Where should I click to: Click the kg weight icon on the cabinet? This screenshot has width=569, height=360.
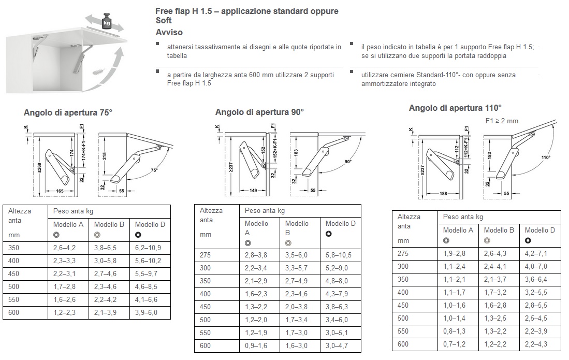pyautogui.click(x=106, y=21)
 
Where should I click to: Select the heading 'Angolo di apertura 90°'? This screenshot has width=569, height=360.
pyautogui.click(x=259, y=112)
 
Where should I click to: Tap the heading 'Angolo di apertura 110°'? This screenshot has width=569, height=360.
pyautogui.click(x=455, y=108)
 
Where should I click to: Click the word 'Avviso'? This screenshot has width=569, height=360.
pyautogui.click(x=169, y=32)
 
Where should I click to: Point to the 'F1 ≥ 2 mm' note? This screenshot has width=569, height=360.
pyautogui.click(x=502, y=121)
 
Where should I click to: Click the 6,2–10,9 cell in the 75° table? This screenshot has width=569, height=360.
pyautogui.click(x=148, y=248)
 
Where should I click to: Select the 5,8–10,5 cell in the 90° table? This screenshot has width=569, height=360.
pyautogui.click(x=339, y=255)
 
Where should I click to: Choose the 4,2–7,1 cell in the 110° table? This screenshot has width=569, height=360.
pyautogui.click(x=536, y=253)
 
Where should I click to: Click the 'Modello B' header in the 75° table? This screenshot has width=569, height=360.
pyautogui.click(x=109, y=224)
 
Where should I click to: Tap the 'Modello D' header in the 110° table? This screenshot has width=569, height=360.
pyautogui.click(x=539, y=230)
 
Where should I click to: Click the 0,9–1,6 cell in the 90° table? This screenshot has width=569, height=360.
pyautogui.click(x=256, y=345)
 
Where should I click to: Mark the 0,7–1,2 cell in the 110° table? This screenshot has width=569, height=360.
pyautogui.click(x=454, y=344)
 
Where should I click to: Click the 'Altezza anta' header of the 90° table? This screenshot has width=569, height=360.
pyautogui.click(x=211, y=215)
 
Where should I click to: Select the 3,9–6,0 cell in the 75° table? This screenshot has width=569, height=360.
pyautogui.click(x=148, y=313)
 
